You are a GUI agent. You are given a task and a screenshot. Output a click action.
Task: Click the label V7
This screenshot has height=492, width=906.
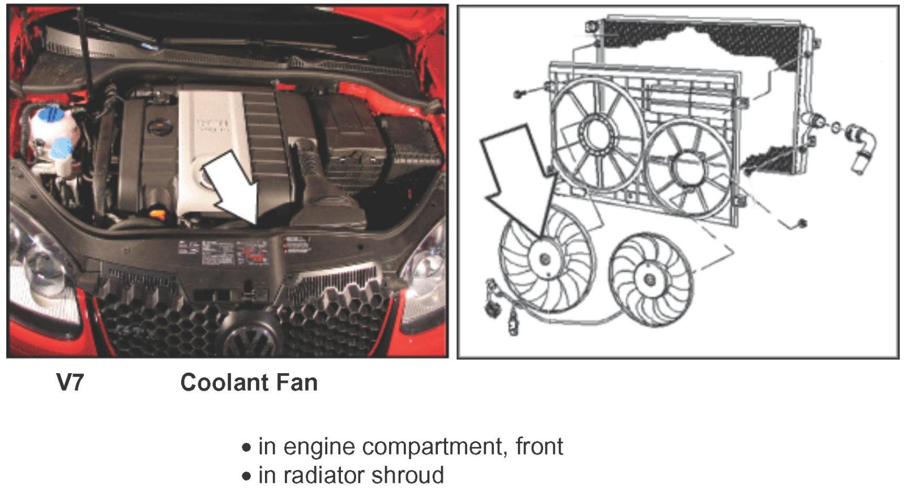click(70, 383)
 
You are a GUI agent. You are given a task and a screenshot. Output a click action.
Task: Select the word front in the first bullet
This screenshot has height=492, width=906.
click(539, 447)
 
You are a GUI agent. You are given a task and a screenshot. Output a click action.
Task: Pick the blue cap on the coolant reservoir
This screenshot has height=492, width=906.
click(50, 114)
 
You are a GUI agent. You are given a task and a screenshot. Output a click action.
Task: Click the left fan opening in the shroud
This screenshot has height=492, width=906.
click(596, 134)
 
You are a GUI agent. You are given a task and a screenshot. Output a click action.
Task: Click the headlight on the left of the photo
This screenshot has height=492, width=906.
click(40, 266)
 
